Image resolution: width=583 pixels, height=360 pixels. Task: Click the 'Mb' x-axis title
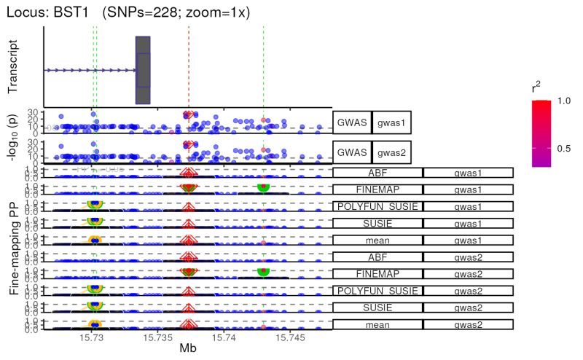click(188, 351)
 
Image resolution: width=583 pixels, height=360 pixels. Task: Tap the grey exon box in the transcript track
click(143, 70)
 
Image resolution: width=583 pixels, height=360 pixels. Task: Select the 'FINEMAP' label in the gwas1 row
click(377, 189)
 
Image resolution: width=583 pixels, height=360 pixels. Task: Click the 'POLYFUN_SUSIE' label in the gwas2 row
click(377, 291)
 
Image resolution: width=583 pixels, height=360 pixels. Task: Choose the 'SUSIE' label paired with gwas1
click(377, 223)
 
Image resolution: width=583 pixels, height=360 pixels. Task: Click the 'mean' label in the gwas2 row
click(377, 324)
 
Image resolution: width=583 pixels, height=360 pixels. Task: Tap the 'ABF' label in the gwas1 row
click(377, 173)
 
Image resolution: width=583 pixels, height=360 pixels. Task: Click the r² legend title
click(537, 88)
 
